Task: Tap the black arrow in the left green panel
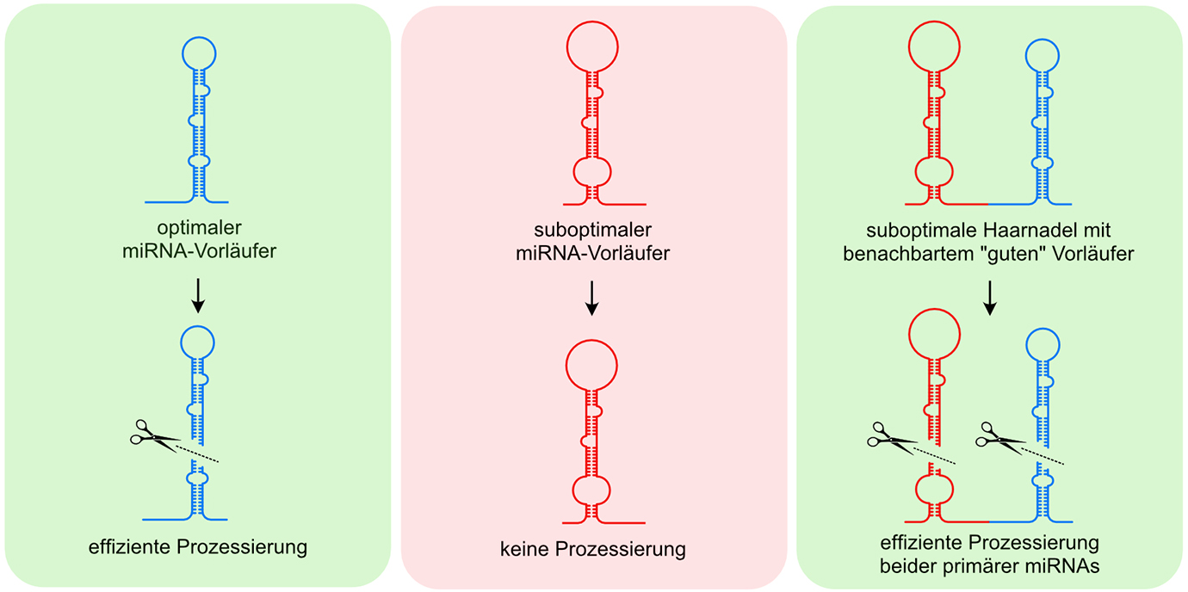pyautogui.click(x=198, y=295)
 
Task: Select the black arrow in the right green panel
pyautogui.click(x=990, y=296)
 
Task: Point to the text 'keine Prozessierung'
pyautogui.click(x=593, y=549)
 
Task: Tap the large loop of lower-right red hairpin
pyautogui.click(x=935, y=332)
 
